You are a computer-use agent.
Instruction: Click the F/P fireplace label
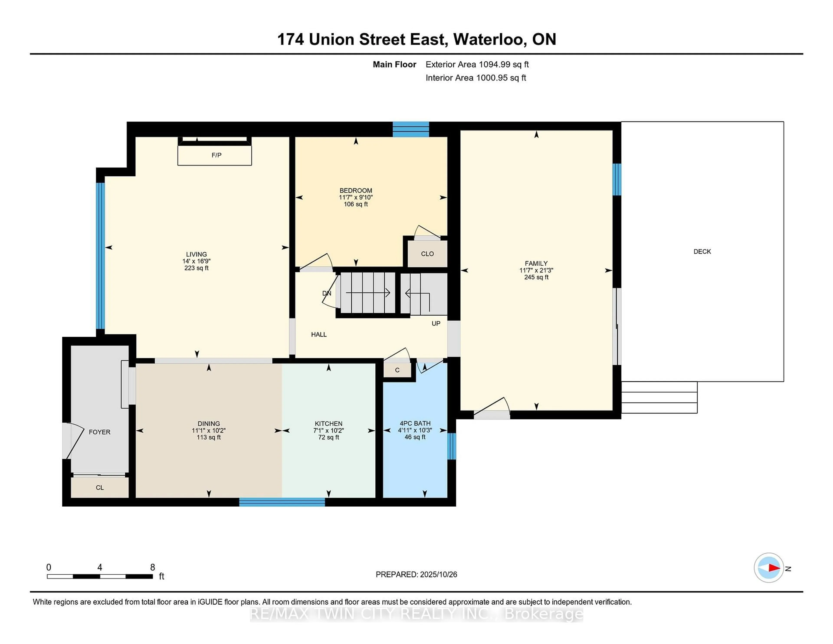pos(216,155)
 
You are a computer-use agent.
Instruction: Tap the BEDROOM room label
pos(356,190)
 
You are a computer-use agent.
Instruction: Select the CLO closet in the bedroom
pos(427,254)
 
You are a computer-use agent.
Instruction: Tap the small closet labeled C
pos(397,370)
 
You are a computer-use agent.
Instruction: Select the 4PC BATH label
pos(415,424)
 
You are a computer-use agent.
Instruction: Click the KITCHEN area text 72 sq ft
pos(328,437)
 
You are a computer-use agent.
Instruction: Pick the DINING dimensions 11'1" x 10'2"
pos(209,430)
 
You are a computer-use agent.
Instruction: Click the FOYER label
pos(100,432)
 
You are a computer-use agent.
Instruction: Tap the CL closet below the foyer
pos(100,488)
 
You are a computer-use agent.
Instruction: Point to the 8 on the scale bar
pos(152,567)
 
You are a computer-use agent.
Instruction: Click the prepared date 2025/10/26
pos(438,575)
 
